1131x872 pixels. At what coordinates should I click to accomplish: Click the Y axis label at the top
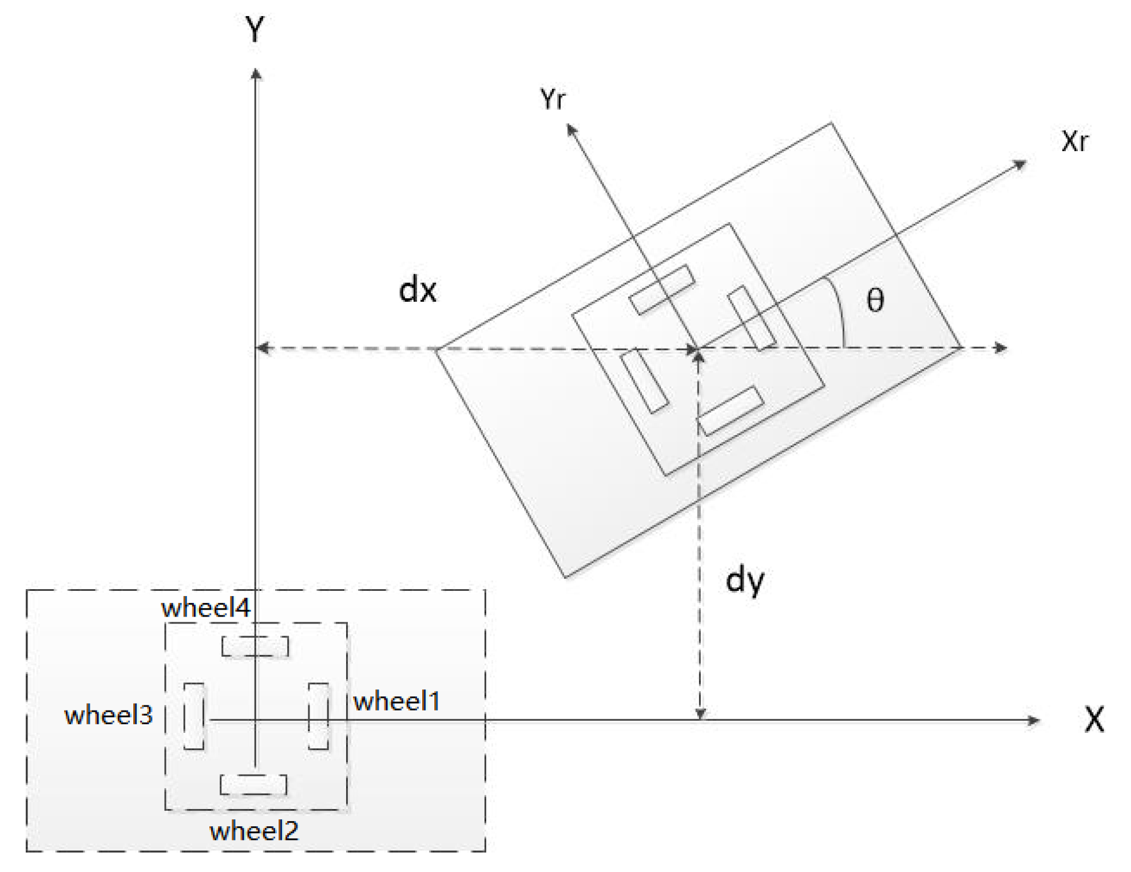click(255, 30)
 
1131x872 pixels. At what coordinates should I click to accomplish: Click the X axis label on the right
click(1094, 720)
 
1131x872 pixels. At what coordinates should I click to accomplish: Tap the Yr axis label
click(552, 99)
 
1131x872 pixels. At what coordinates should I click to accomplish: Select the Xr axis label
click(1074, 141)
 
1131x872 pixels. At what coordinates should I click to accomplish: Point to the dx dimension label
click(418, 290)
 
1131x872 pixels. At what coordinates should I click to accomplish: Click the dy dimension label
click(744, 581)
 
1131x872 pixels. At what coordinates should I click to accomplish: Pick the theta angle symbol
click(875, 300)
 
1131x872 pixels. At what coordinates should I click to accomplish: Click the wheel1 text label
click(396, 701)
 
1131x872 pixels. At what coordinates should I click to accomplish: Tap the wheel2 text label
click(254, 831)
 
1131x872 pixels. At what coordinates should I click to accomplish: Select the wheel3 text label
click(108, 716)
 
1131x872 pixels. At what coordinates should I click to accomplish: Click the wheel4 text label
click(205, 608)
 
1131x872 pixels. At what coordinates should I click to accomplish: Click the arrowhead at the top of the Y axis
click(256, 74)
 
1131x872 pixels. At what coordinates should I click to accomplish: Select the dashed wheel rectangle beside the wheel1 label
click(319, 716)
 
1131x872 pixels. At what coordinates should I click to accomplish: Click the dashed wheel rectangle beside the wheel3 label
click(194, 716)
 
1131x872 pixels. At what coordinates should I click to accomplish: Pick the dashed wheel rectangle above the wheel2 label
click(253, 784)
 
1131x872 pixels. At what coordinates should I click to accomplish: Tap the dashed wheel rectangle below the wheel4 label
click(255, 646)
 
